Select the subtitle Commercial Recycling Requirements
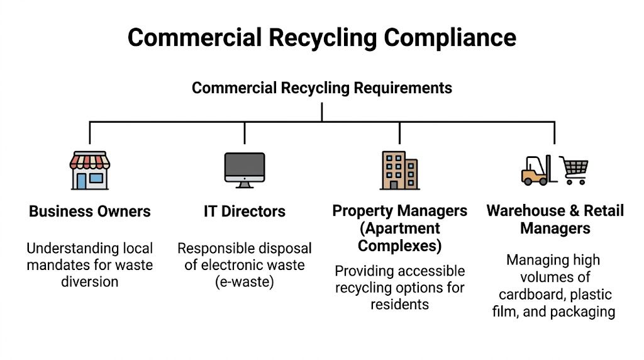click(321, 87)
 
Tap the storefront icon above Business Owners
click(89, 171)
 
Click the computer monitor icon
click(245, 169)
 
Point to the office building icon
click(399, 170)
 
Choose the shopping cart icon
click(575, 170)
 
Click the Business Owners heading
click(90, 211)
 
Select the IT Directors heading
click(245, 211)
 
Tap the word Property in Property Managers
click(362, 211)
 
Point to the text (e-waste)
click(245, 282)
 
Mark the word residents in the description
click(399, 305)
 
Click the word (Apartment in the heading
click(399, 228)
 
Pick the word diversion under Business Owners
click(89, 281)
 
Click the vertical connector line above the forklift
click(554, 132)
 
